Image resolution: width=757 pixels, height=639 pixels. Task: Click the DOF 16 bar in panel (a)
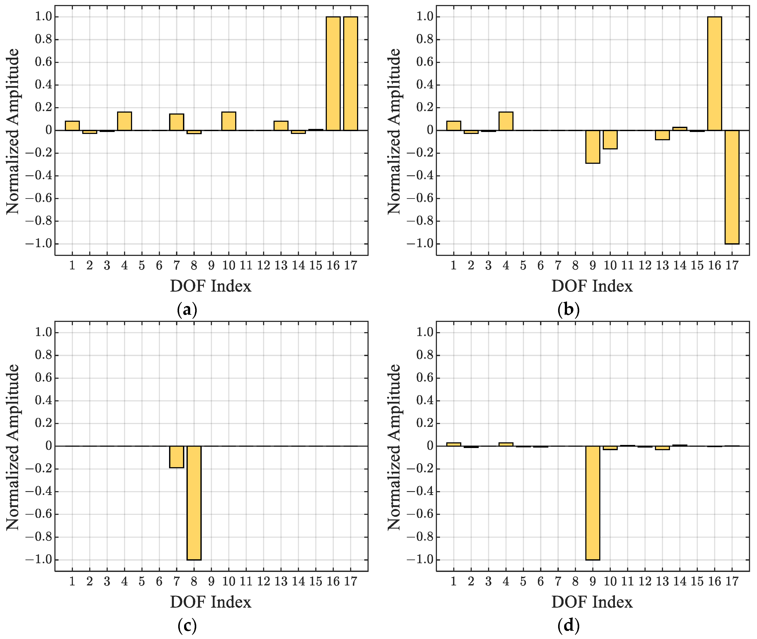[333, 74]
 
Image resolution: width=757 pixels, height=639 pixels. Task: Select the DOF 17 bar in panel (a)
[350, 74]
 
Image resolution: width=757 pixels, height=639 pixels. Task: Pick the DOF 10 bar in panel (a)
[229, 121]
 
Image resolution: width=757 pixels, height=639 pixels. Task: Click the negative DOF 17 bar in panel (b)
[732, 187]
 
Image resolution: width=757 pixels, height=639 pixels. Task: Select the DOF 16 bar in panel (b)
[714, 74]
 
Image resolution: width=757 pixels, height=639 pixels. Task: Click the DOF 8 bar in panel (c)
[194, 503]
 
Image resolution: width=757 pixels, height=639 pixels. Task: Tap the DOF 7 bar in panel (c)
[177, 457]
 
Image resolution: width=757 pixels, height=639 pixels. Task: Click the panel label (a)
[187, 310]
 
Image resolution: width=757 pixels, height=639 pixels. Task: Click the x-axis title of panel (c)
[211, 602]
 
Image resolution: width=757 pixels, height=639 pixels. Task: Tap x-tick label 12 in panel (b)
[645, 265]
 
